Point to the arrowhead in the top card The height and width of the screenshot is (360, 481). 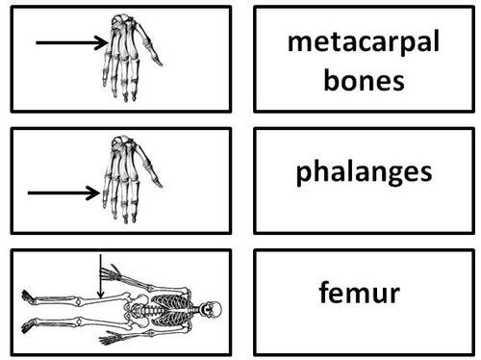103,41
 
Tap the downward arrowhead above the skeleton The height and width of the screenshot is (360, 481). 100,293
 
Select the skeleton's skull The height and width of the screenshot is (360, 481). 214,311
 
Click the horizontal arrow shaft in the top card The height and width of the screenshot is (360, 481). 67,41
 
